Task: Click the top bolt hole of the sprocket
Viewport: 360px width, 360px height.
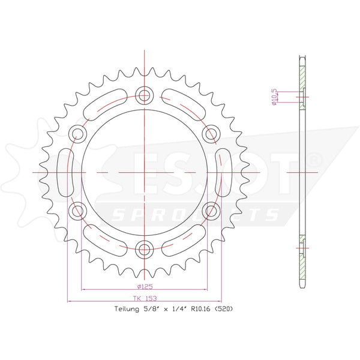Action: [x=144, y=94]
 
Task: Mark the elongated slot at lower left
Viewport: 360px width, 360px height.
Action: [x=103, y=238]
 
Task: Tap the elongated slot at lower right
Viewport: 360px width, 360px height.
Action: [x=184, y=238]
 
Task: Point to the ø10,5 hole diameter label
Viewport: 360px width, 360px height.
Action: [x=274, y=97]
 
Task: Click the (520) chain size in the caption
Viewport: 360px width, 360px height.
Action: [x=222, y=310]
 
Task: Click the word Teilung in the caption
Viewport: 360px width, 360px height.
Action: [x=127, y=310]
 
